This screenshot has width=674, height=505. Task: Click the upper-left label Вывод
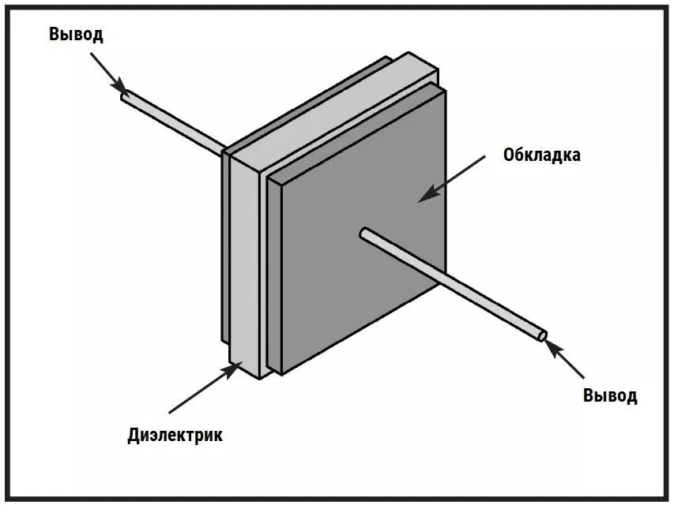click(76, 35)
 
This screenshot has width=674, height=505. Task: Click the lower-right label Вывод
click(610, 395)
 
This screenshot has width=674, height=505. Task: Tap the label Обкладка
click(541, 155)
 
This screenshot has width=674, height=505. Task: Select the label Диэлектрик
click(175, 435)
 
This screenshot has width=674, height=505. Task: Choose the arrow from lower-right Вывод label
click(568, 361)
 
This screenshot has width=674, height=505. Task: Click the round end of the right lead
click(542, 335)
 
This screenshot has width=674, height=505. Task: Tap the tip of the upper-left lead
click(125, 95)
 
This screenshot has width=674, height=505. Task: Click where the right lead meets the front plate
click(364, 233)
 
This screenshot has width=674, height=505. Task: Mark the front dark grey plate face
click(356, 292)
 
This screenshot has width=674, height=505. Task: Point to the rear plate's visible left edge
click(224, 252)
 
